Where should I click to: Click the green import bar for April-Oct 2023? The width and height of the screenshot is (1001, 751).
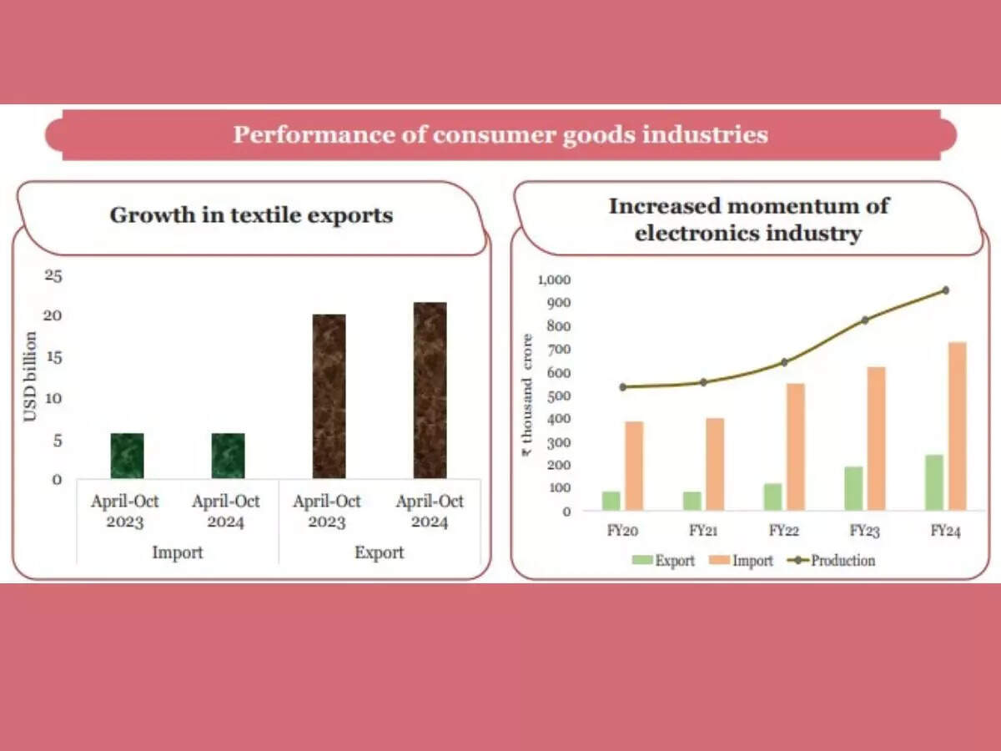click(127, 456)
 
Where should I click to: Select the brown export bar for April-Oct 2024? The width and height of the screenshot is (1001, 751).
click(430, 391)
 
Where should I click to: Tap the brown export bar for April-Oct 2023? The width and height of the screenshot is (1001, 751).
click(329, 396)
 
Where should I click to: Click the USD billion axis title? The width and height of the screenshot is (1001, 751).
click(30, 376)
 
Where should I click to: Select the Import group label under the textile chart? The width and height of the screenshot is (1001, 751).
click(177, 552)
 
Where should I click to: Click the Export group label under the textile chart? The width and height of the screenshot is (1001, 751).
click(379, 552)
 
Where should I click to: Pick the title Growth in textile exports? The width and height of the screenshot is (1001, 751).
click(251, 215)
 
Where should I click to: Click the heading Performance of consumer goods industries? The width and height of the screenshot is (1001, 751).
click(500, 134)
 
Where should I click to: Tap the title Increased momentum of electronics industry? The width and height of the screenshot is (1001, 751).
click(748, 219)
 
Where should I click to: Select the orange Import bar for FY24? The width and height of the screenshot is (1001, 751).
click(957, 426)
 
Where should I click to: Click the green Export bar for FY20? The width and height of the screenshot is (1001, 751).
click(611, 501)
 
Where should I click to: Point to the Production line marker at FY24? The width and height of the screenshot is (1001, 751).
click(945, 290)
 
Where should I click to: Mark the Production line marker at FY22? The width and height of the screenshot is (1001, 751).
click(784, 362)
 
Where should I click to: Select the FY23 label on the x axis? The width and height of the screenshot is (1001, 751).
click(864, 531)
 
